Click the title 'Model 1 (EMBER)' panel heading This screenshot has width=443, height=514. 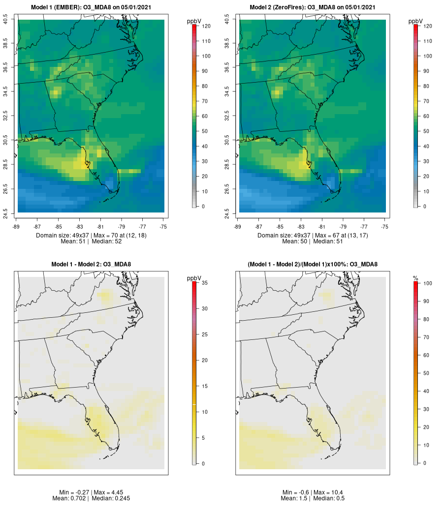click(x=91, y=7)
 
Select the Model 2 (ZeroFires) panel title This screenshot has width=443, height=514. click(x=313, y=7)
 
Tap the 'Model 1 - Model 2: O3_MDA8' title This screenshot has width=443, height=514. click(x=91, y=265)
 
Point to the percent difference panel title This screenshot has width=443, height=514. click(x=313, y=265)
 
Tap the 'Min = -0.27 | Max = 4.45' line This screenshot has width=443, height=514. click(x=91, y=492)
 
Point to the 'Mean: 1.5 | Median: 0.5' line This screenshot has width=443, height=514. click(x=313, y=498)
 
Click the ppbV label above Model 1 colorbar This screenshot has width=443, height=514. click(x=194, y=21)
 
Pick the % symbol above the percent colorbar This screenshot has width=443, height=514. click(x=416, y=278)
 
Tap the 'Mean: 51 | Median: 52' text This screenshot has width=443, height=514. click(x=91, y=242)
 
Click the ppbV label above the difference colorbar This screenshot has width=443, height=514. click(x=194, y=278)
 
